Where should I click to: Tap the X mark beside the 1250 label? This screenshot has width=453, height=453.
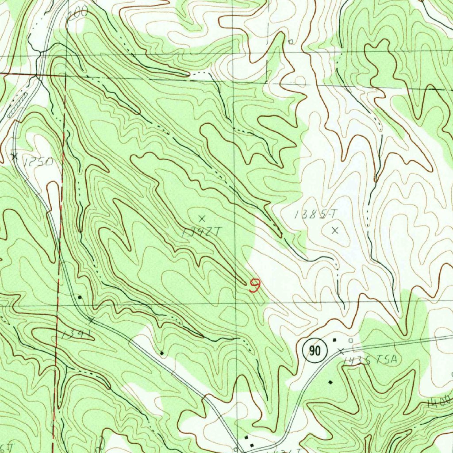tap(14, 156)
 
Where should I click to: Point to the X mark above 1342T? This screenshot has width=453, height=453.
tap(202, 218)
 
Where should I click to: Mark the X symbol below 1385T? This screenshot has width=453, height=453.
tap(335, 230)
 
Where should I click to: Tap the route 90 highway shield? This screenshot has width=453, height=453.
tap(315, 351)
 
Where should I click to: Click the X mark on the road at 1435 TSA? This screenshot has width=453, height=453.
tap(340, 351)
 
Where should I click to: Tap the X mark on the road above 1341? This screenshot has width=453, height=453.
tap(91, 320)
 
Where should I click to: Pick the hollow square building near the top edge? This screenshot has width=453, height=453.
tap(291, 42)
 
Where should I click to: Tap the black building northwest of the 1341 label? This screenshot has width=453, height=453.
tap(80, 297)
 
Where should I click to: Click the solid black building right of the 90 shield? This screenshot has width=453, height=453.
tap(334, 340)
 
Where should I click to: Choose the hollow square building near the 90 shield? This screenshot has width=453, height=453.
tap(350, 340)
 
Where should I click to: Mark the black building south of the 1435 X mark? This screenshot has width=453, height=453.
tap(330, 381)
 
